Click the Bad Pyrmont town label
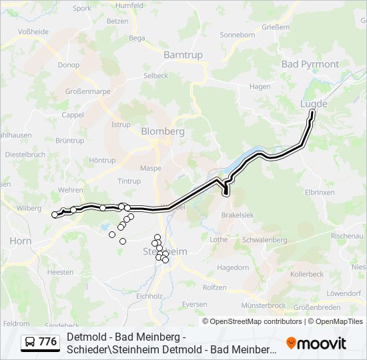pos(310,64)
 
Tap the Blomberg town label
pos(162,131)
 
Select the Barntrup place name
pos(182,55)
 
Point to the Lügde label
pos(314,104)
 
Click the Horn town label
pos(20,241)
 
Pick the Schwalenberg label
pos(264,240)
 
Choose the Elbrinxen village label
pos(318,192)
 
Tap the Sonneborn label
pos(238,35)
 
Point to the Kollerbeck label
pos(307,274)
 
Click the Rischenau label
pos(347,236)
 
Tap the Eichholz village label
pos(149,295)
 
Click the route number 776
pos(48,342)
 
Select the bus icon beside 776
pos(30,342)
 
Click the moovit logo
pos(316,343)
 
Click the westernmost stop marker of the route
pos(55,215)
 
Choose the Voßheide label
pos(33,31)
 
